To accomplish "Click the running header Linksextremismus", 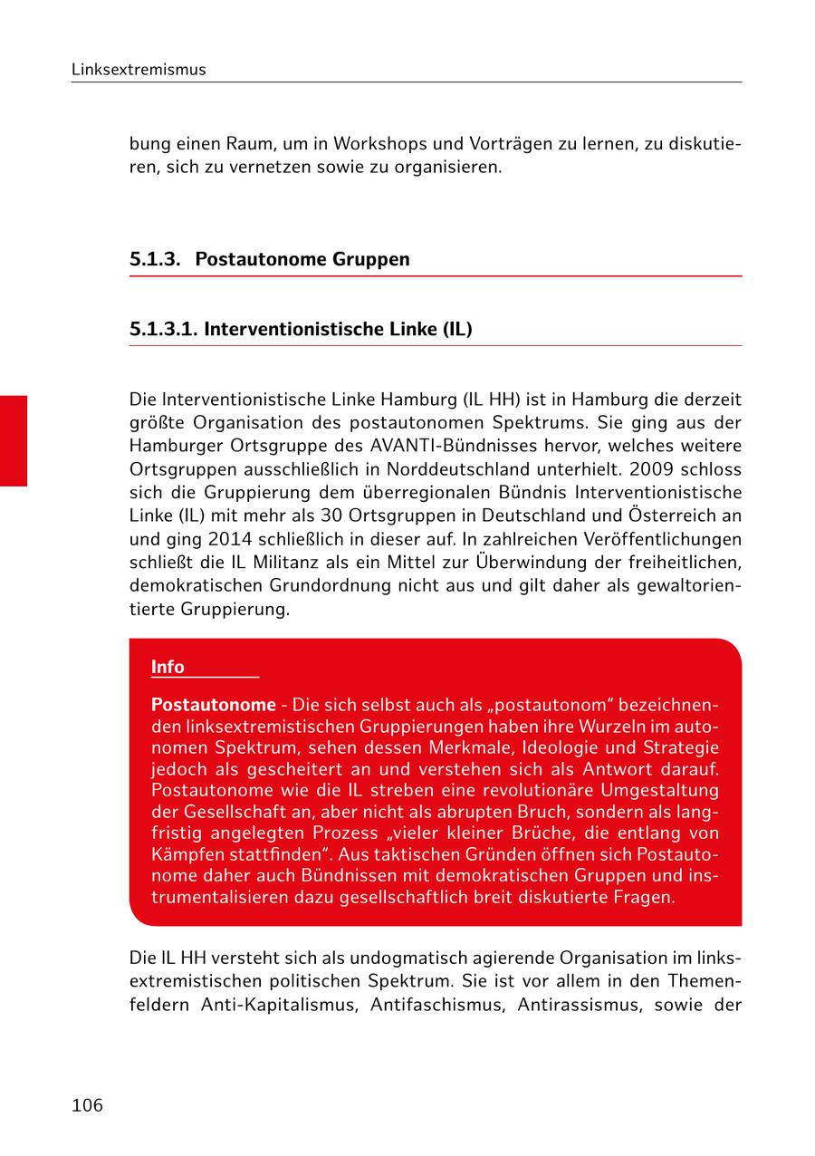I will [139, 70].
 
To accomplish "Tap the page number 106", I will [87, 1105].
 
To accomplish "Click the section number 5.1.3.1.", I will [164, 329].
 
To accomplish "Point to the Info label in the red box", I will [168, 667].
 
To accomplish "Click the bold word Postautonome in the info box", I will [213, 705].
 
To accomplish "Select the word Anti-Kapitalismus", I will [278, 1004].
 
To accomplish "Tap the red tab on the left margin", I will [13, 440].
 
